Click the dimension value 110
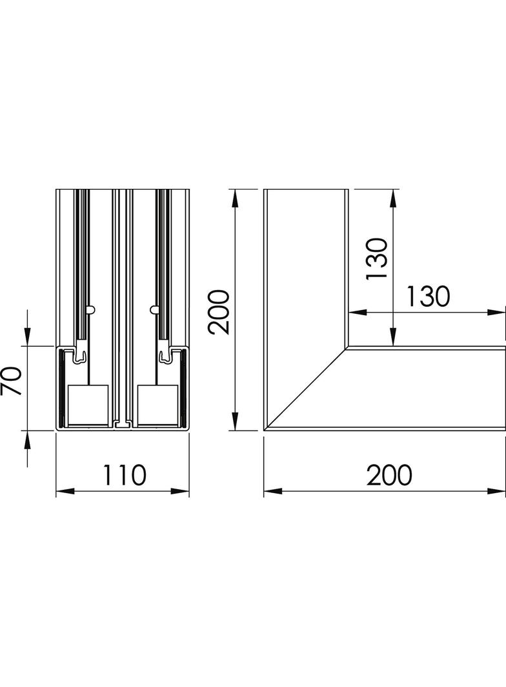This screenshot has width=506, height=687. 123,475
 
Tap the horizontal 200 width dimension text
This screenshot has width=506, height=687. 389,475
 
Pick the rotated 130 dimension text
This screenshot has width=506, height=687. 376,258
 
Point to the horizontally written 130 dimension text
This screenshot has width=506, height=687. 427,297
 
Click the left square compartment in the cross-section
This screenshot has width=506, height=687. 88,405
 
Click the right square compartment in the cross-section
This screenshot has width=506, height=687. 157,405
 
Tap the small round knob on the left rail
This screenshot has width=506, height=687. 92,309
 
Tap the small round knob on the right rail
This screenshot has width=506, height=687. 154,309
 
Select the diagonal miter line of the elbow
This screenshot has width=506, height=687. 307,389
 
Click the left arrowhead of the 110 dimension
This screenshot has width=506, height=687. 61,492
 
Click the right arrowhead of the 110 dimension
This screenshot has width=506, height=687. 185,492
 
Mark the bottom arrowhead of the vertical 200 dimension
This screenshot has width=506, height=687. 236,423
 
